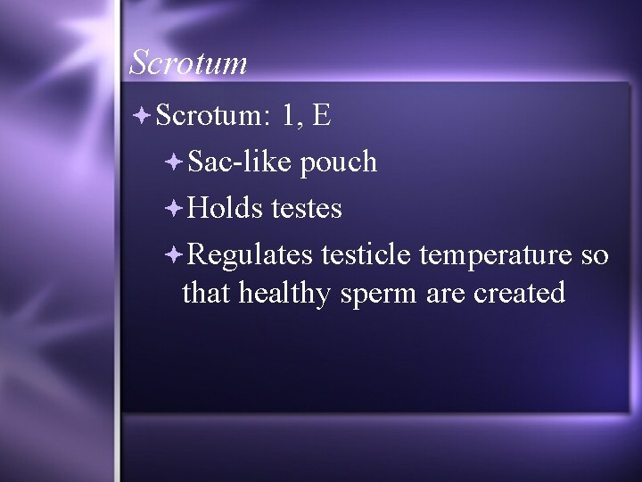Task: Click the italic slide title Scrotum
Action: point(187,62)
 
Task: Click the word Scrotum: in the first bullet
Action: point(211,115)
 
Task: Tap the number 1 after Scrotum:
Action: point(289,115)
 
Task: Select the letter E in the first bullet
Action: point(322,115)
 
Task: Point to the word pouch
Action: point(339,163)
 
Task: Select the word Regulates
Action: point(251,256)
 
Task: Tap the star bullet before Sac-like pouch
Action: point(174,162)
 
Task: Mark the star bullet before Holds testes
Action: point(174,208)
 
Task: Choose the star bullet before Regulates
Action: point(174,255)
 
